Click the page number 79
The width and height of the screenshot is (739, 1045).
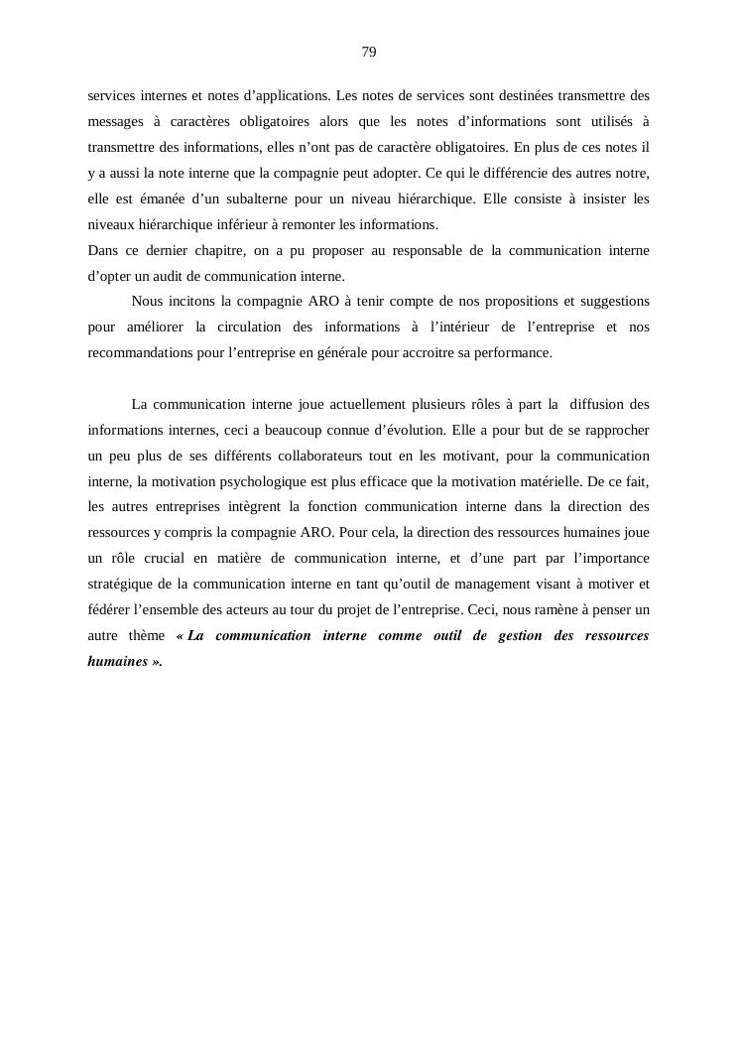tap(369, 52)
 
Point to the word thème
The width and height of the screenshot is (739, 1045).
tap(147, 635)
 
